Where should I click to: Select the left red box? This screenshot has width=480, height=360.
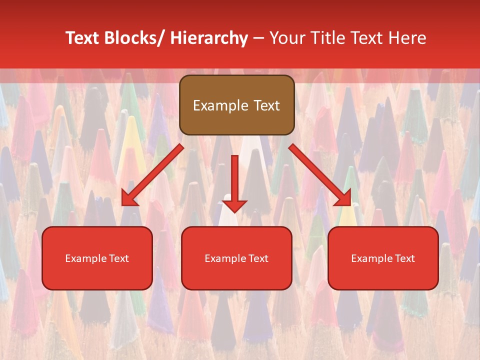[97, 258]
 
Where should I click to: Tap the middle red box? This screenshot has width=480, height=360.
[236, 258]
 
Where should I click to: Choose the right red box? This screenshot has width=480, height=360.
[383, 258]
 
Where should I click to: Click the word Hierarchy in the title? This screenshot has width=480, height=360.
[208, 38]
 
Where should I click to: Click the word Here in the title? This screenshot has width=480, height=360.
[408, 38]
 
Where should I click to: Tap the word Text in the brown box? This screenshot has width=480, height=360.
[266, 105]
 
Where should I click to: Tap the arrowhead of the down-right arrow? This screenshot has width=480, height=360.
[344, 198]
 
